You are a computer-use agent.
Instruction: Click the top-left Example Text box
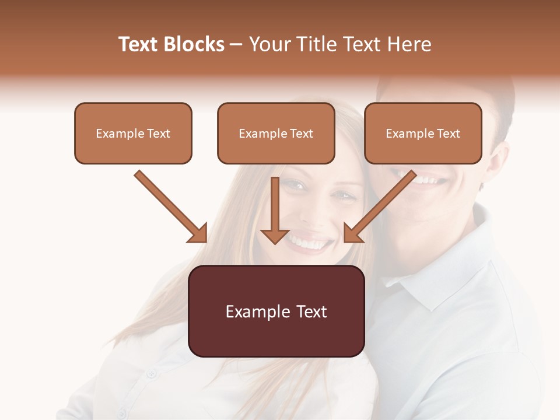pyautogui.click(x=133, y=134)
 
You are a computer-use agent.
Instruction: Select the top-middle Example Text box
pyautogui.click(x=276, y=134)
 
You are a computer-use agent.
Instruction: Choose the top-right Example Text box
pyautogui.click(x=423, y=134)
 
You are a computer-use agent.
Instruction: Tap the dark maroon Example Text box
pyautogui.click(x=276, y=311)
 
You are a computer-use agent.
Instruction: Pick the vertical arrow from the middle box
pyautogui.click(x=275, y=207)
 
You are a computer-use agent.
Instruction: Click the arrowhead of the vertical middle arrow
pyautogui.click(x=275, y=236)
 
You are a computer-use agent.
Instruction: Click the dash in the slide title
pyautogui.click(x=236, y=45)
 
